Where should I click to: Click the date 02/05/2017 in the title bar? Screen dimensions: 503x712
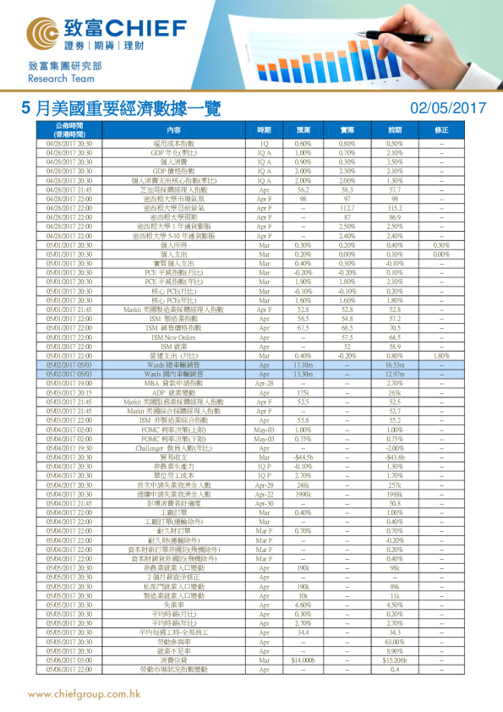447,107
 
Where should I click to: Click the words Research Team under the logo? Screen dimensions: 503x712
58,78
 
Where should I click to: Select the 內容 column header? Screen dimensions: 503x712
174,130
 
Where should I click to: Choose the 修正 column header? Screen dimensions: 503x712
441,130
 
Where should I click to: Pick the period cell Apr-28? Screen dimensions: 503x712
264,383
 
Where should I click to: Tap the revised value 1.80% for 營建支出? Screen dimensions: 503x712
441,355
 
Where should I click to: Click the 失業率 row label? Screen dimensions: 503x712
174,605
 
